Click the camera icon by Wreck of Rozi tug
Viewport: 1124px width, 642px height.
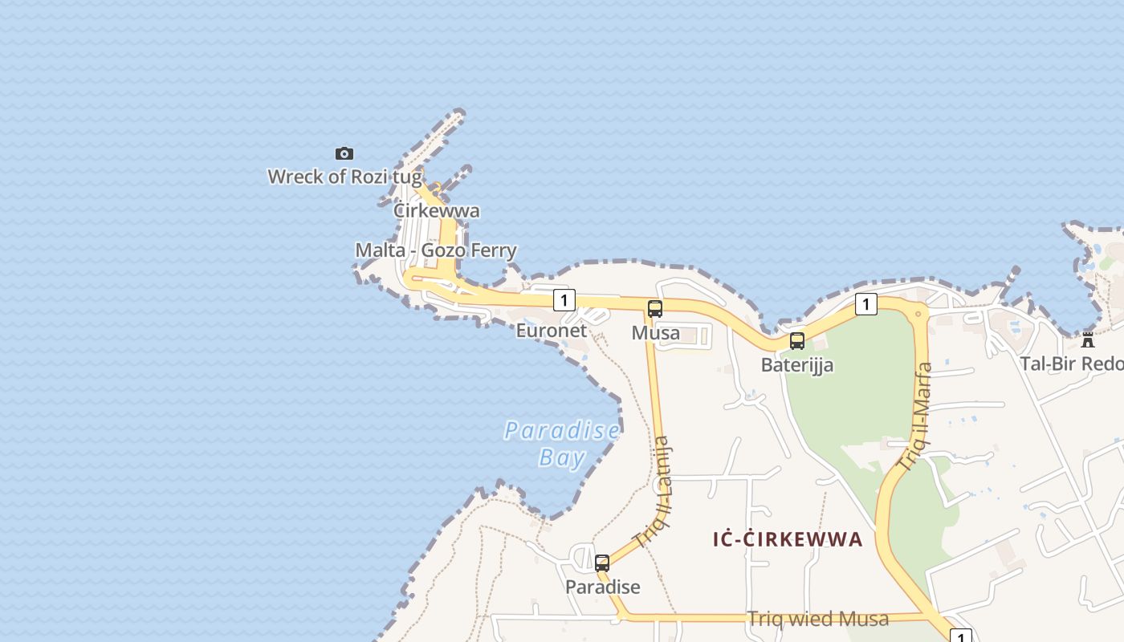pos(344,153)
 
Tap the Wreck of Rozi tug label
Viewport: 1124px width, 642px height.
pos(344,177)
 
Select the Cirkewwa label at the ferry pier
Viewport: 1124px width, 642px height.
pos(437,211)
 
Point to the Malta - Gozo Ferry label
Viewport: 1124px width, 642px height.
pos(436,250)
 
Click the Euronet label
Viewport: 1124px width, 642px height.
pos(551,331)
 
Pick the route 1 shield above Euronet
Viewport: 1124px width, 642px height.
pos(564,300)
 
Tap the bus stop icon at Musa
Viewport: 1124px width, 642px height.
pos(655,308)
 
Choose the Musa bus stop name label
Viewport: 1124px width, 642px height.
pos(656,333)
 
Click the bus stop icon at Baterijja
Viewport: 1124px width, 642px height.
pos(797,341)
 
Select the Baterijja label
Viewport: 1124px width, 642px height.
pos(797,365)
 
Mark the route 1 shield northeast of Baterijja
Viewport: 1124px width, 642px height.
pos(865,304)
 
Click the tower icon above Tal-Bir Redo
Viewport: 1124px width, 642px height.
pos(1088,339)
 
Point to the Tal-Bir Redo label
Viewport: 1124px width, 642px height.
pos(1072,364)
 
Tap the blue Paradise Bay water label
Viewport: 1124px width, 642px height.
pos(562,444)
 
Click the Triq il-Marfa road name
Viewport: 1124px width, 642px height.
pos(915,417)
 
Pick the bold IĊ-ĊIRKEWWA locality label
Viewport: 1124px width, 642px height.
pos(788,539)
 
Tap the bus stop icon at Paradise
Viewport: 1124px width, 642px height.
pos(602,563)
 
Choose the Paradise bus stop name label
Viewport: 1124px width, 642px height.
pos(603,587)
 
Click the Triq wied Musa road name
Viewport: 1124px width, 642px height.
pos(818,619)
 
